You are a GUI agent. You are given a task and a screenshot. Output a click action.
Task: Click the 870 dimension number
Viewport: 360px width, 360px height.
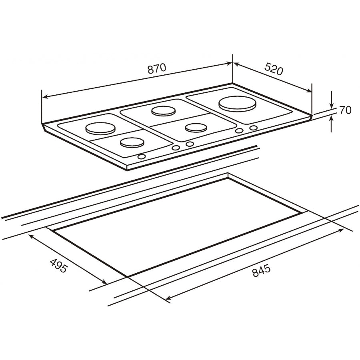156,68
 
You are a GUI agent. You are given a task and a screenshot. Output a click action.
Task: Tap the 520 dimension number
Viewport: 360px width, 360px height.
274,68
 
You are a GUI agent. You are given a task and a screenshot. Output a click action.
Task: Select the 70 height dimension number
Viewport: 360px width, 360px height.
345,110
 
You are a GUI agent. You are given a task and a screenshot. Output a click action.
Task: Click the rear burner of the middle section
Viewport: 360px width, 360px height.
163,111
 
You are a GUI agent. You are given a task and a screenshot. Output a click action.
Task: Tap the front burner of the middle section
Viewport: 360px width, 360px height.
196,128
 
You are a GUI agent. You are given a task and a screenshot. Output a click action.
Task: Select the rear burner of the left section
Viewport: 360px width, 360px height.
100,128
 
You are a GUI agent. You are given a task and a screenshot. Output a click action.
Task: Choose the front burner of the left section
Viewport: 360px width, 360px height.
132,142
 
